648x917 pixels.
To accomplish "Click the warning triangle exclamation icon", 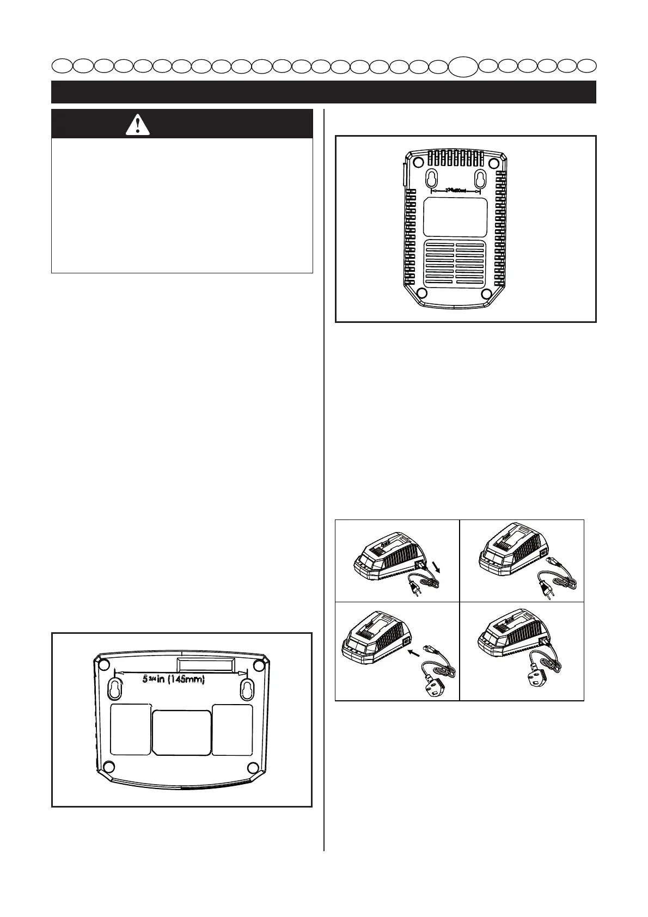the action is click(138, 125).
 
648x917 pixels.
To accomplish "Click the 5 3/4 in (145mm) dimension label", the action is click(174, 680).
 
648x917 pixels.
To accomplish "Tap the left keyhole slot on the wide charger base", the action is click(117, 688).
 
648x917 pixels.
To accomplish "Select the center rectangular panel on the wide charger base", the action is click(181, 732).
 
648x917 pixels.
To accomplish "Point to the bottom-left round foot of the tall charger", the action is click(421, 293).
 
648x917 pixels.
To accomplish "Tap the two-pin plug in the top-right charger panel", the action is click(545, 588).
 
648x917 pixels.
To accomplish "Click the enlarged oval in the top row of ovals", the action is click(463, 66).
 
